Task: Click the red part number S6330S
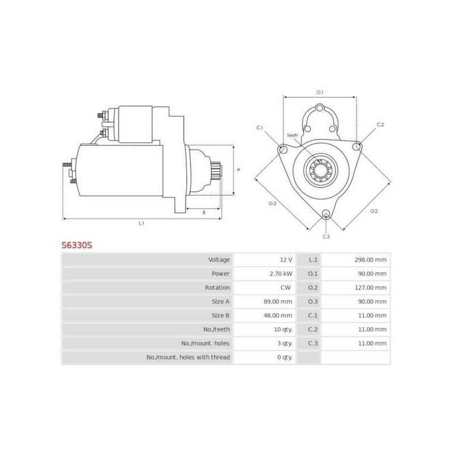point(77,246)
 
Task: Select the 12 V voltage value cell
point(285,260)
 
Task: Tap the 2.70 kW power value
point(281,274)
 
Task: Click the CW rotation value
point(285,288)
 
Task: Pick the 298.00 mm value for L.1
point(372,260)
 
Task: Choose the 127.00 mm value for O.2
point(372,288)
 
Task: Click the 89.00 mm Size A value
point(279,301)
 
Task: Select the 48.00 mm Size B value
point(279,316)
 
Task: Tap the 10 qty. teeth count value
point(282,329)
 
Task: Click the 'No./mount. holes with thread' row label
point(188,357)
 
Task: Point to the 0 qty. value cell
point(284,357)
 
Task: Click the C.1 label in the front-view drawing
point(260,128)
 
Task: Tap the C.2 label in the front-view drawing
point(380,124)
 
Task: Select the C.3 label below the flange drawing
point(326,236)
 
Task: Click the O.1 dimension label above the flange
point(320,92)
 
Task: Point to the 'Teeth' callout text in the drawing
point(292,136)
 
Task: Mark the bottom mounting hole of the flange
point(325,215)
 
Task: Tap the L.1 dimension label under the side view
point(141,223)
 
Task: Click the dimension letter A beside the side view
point(238,169)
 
